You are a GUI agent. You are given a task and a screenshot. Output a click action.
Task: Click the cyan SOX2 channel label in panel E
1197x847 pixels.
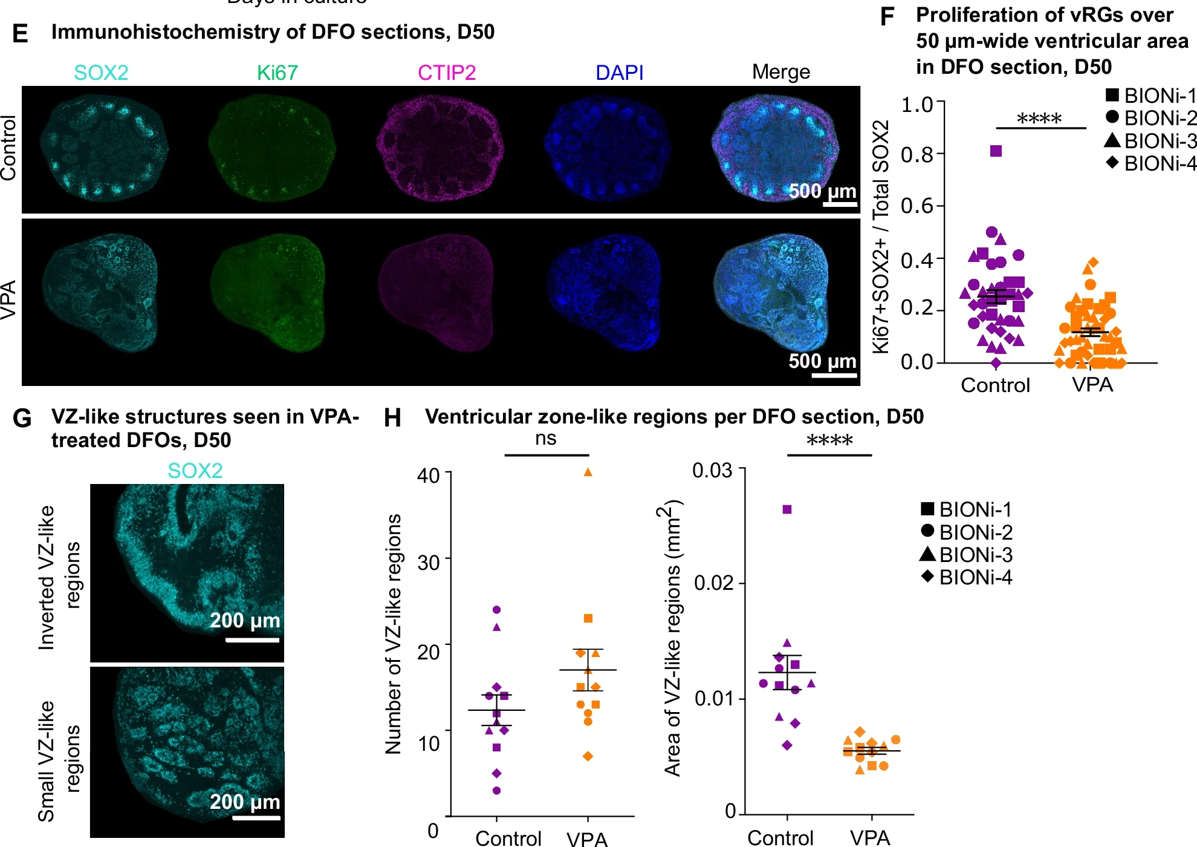[x=101, y=73]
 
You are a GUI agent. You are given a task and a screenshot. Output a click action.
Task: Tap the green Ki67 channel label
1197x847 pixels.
[x=277, y=73]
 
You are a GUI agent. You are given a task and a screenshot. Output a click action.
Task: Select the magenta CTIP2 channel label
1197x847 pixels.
[x=447, y=73]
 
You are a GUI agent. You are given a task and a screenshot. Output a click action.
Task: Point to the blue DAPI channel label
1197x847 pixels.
[x=619, y=73]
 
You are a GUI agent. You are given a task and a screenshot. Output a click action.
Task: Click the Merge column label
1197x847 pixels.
[x=781, y=72]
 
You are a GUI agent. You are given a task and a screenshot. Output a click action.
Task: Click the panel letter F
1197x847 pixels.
[x=887, y=17]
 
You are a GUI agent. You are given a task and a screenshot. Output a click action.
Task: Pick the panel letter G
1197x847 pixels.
[x=22, y=418]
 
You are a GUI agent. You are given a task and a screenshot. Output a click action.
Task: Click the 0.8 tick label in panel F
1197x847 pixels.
[x=916, y=155]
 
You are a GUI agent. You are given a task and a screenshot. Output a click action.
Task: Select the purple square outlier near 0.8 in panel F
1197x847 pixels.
[x=996, y=151]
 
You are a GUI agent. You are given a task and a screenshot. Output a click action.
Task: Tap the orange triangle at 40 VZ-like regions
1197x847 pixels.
[x=588, y=473]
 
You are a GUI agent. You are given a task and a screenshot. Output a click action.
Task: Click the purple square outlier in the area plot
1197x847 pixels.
[x=787, y=509]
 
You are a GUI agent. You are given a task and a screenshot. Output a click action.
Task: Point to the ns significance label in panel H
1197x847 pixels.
[x=545, y=439]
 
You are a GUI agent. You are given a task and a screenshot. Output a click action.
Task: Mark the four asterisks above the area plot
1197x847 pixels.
[x=829, y=440]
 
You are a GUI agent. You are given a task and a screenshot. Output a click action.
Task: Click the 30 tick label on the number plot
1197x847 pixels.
[x=429, y=563]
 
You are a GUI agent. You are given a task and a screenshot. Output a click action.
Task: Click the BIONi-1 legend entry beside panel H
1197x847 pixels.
[x=966, y=509]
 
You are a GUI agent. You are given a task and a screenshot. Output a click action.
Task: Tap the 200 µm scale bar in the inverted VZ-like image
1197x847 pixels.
[x=252, y=639]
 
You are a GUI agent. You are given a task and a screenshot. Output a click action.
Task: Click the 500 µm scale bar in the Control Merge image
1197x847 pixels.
[x=840, y=204]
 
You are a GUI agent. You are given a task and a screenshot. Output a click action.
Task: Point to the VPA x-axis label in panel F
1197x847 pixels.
[x=1092, y=385]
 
